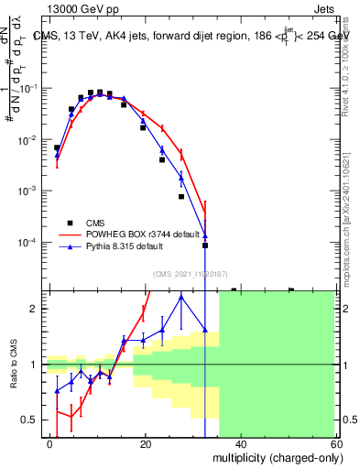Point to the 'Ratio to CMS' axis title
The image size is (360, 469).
pos(16,365)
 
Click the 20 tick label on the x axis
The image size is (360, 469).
pos(146,444)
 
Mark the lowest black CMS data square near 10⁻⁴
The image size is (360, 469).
pos(205,245)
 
